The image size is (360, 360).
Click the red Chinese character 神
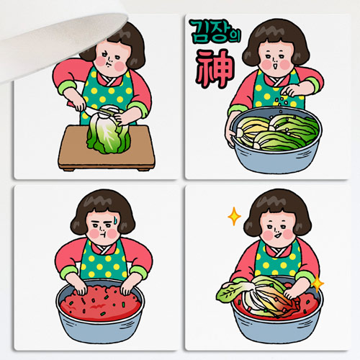click(x=215, y=69)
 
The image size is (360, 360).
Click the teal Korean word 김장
click(x=210, y=31)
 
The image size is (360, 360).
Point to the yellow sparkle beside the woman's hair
click(x=234, y=217)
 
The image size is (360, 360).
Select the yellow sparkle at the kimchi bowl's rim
click(x=318, y=284)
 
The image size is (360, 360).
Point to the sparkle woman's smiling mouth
click(x=277, y=235)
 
